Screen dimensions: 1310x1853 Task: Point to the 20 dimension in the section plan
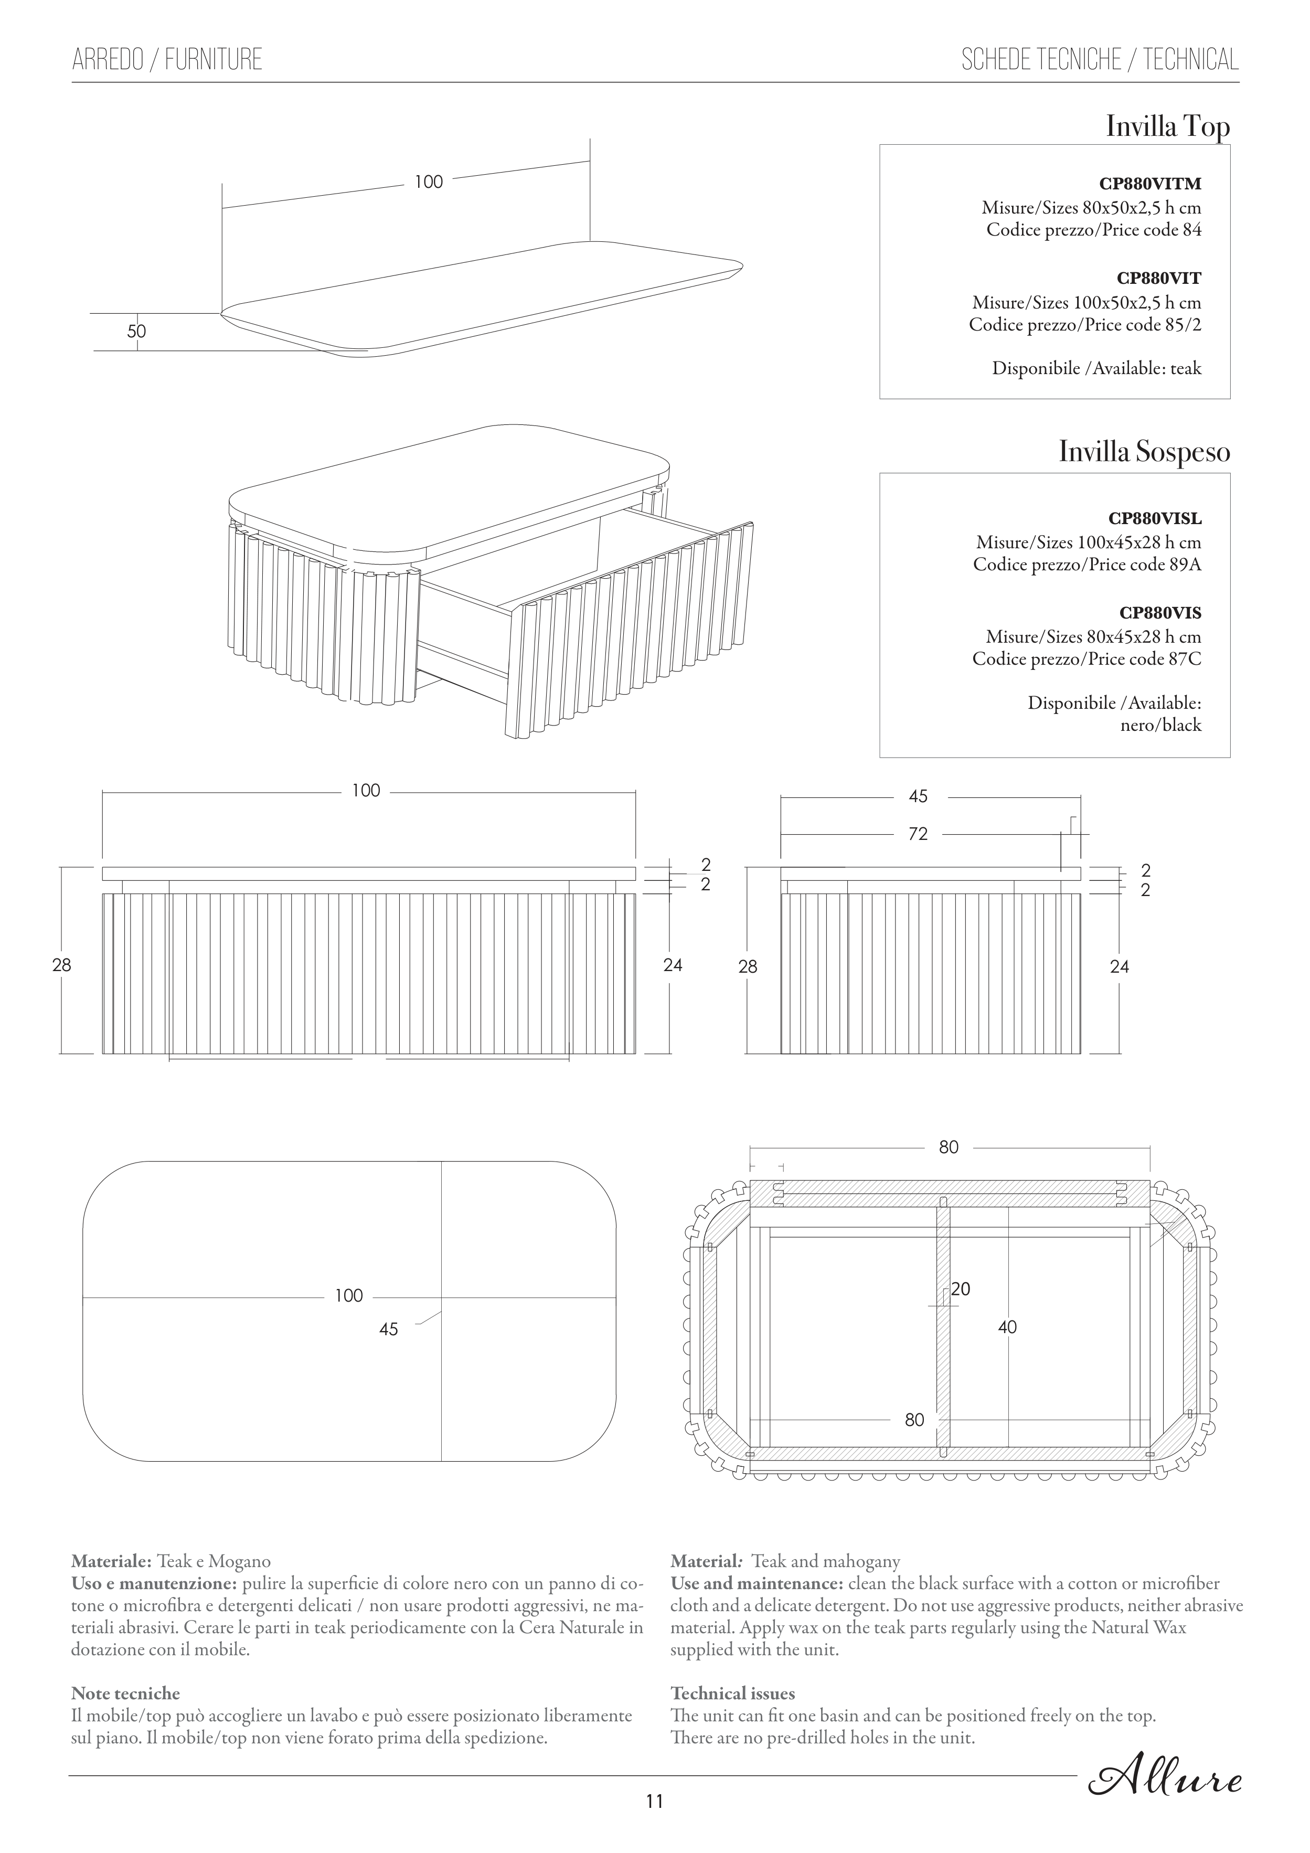pyautogui.click(x=961, y=1289)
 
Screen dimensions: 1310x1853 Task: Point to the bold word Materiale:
pyautogui.click(x=111, y=1562)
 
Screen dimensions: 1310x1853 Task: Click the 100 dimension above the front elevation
pyautogui.click(x=366, y=791)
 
